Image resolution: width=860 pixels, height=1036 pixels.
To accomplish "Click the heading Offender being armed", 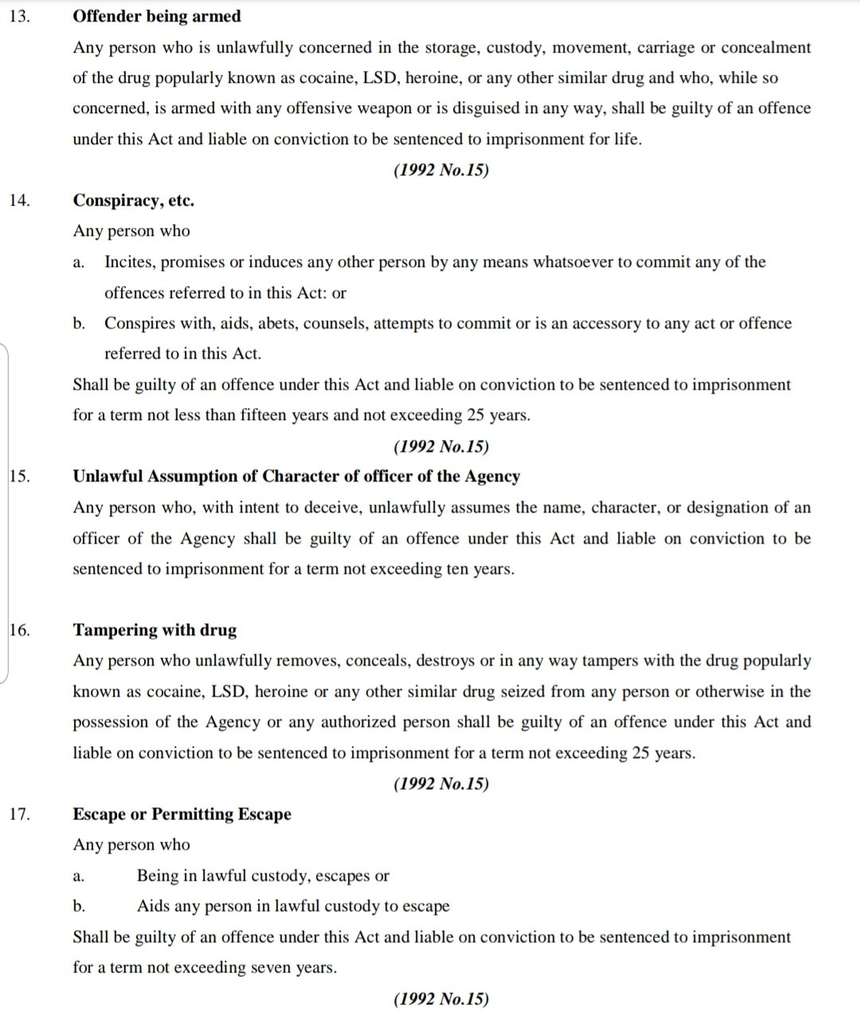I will [157, 16].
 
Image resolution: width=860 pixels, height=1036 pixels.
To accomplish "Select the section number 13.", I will [20, 16].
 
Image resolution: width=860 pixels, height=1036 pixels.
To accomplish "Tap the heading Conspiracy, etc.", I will [134, 200].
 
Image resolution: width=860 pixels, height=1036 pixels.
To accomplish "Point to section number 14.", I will [20, 200].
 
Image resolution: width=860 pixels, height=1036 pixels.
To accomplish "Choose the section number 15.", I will [20, 477].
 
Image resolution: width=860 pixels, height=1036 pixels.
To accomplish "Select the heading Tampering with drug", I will [155, 630].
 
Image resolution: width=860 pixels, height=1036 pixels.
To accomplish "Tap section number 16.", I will [20, 630].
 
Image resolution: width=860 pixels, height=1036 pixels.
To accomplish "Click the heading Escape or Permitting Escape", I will [182, 814].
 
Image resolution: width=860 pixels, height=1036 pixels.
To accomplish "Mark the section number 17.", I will [20, 814].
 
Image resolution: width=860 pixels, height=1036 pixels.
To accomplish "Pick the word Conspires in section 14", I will [139, 324].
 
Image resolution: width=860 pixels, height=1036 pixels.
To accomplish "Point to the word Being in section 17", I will [158, 876].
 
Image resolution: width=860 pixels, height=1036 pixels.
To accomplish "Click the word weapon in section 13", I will [352, 108].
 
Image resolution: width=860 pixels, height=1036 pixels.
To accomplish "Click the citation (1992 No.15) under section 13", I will [441, 170].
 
